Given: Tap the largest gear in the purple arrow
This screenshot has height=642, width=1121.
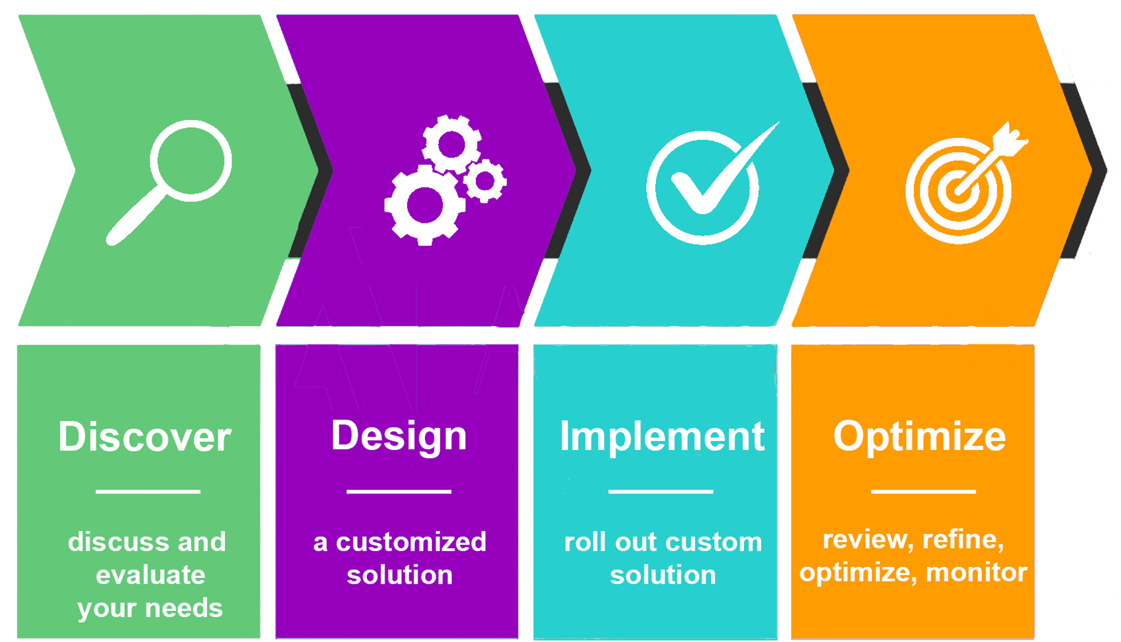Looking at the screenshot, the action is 424,205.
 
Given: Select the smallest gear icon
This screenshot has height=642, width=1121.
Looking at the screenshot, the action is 485,181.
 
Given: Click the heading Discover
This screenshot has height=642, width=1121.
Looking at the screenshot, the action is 145,437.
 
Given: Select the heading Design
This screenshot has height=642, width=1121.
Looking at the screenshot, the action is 399,437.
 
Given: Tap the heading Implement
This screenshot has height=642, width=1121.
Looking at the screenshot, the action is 662,437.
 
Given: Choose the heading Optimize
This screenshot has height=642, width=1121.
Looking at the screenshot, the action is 920,437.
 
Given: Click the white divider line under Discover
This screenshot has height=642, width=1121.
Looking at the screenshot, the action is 148,491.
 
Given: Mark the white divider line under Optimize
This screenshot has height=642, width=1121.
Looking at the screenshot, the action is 923,491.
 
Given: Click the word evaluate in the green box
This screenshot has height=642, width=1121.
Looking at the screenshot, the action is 151,575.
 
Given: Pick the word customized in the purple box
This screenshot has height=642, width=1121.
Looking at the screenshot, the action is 411,542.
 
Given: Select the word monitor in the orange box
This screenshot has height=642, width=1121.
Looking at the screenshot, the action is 977,573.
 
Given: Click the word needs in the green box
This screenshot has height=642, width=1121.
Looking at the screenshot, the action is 184,608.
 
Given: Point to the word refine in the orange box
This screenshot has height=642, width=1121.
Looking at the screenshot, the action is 963,540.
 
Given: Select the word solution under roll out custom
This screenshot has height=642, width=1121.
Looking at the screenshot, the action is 663,575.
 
